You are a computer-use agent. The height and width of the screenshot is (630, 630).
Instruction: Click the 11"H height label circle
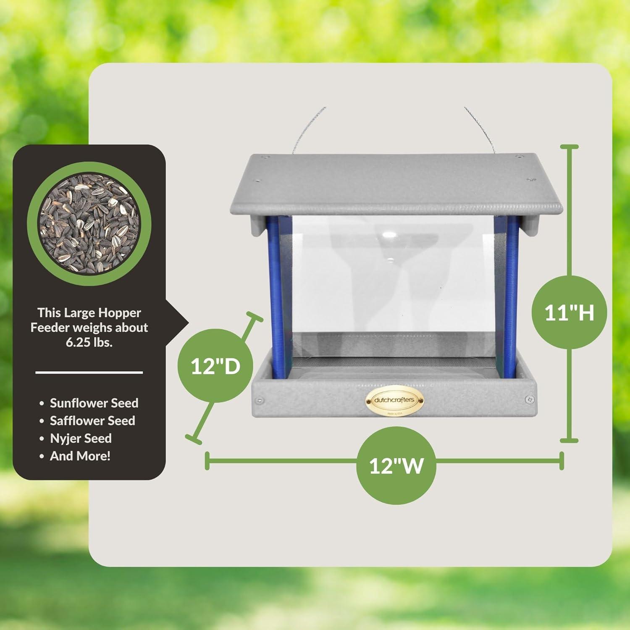point(569,312)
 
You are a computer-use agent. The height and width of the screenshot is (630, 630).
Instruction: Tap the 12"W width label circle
point(396,465)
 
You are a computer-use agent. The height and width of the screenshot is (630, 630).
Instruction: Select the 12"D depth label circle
point(215,365)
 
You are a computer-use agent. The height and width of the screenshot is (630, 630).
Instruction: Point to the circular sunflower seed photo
point(89,223)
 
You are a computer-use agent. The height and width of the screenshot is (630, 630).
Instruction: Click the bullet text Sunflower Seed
point(94,403)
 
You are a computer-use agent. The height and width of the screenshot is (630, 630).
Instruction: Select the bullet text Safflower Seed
point(92,421)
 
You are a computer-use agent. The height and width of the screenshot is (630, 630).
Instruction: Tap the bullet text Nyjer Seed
point(81,438)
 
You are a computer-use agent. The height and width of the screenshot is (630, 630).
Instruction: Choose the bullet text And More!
point(80,456)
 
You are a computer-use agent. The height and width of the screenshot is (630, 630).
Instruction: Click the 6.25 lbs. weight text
point(89,342)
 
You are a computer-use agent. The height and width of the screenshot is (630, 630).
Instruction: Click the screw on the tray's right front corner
point(530,399)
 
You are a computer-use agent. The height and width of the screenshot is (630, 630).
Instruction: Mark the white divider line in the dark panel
point(89,373)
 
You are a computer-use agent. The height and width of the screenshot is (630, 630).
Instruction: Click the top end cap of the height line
point(570,147)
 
